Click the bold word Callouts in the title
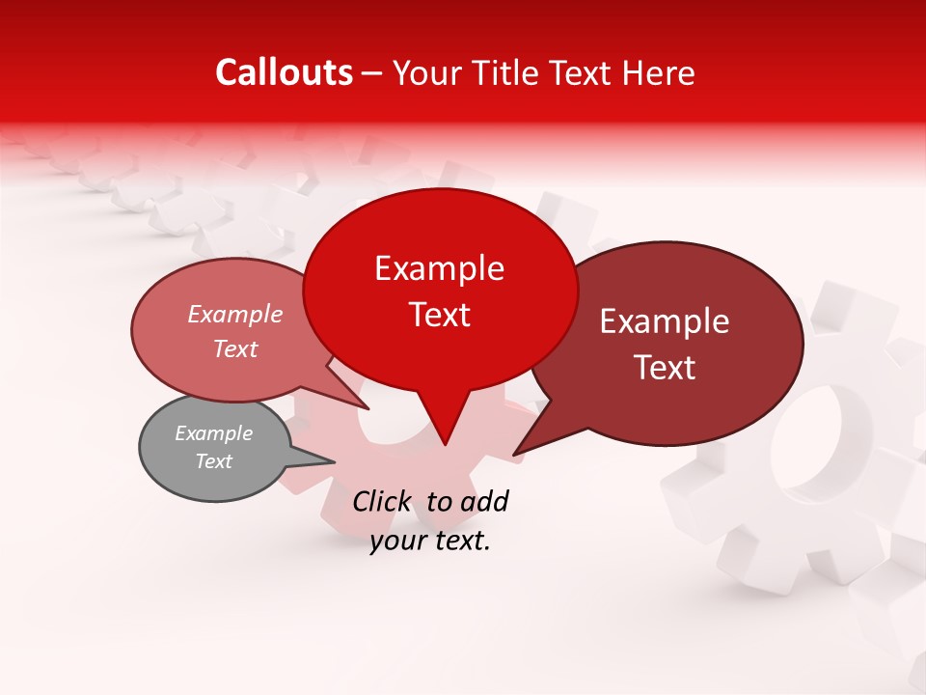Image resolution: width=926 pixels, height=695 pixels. click(284, 72)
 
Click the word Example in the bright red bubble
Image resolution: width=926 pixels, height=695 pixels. click(439, 268)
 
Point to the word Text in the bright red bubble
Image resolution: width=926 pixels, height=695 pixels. click(439, 315)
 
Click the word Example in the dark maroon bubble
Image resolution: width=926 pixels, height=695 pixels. click(665, 321)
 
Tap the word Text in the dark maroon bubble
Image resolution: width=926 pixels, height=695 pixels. click(666, 368)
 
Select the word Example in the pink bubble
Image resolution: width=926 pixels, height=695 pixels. click(235, 315)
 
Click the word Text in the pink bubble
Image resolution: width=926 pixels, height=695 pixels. click(235, 349)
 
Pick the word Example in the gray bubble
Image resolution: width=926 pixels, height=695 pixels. click(214, 433)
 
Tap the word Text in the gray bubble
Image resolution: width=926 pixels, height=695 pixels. click(214, 461)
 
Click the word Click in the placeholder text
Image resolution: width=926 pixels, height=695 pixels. click(383, 501)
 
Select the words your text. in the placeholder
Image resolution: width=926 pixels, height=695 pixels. click(430, 542)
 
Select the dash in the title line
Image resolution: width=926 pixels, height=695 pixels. click(373, 72)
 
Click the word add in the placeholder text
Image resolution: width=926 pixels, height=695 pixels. click(485, 501)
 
